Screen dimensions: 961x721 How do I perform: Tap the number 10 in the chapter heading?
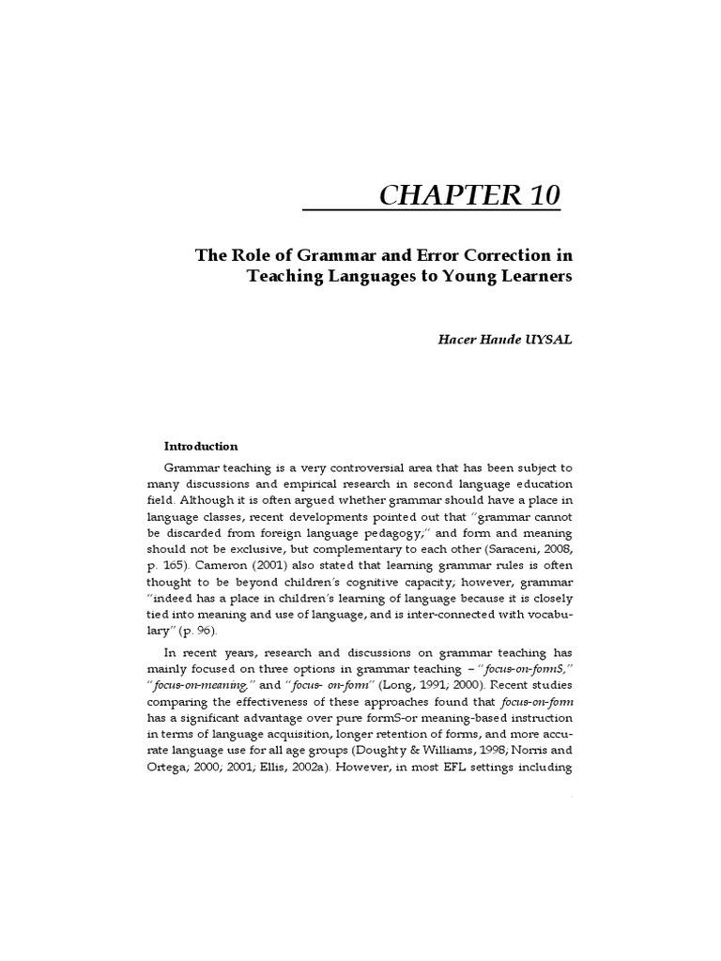point(541,196)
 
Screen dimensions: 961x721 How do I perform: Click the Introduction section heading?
point(201,447)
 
